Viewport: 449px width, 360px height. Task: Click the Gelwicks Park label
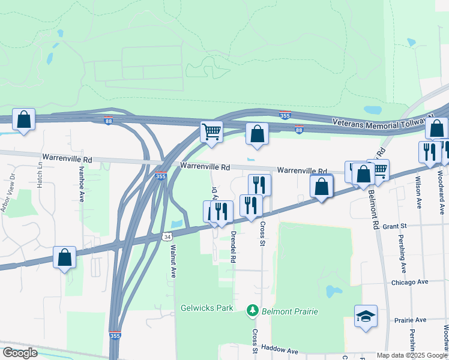206,308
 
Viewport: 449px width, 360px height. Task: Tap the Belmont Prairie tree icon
253,311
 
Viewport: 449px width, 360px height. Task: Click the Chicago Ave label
409,281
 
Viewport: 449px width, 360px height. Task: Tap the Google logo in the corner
20,353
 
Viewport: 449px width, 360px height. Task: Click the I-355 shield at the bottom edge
115,336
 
